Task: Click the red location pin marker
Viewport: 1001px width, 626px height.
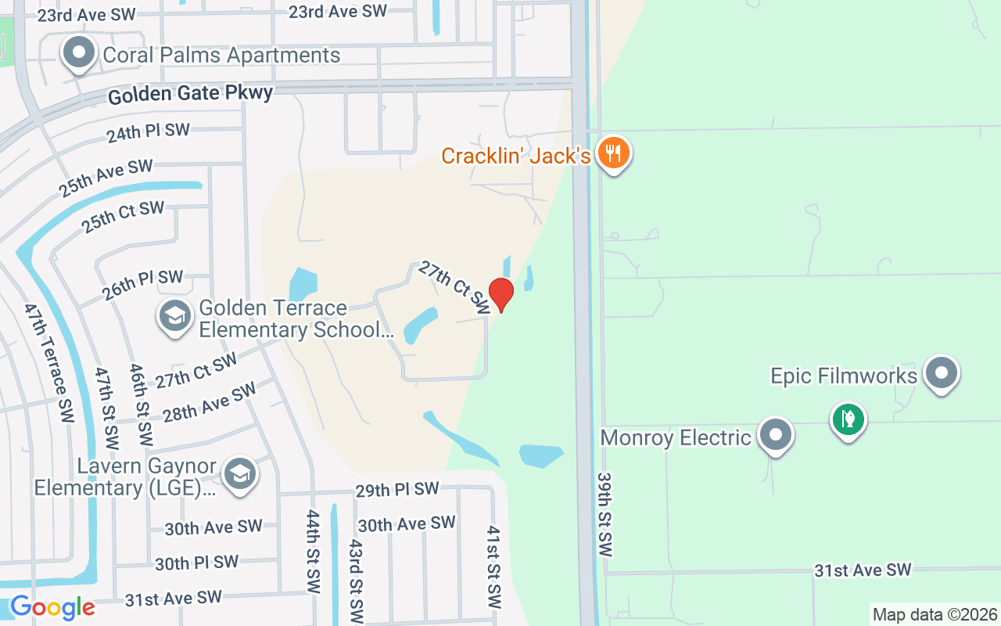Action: pos(500,294)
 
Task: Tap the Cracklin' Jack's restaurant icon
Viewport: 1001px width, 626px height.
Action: pos(614,153)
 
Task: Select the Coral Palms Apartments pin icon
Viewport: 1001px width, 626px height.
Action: pos(78,53)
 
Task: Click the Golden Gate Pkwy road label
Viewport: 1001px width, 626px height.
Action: pos(191,95)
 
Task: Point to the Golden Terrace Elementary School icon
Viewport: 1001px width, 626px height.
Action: pos(174,317)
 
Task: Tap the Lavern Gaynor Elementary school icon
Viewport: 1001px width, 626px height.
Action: pos(239,474)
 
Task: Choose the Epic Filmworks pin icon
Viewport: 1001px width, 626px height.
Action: pos(942,374)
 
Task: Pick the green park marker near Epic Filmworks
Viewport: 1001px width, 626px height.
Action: pos(848,419)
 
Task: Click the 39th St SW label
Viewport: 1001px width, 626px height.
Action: pos(605,514)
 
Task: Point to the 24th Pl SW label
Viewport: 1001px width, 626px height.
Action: pos(148,132)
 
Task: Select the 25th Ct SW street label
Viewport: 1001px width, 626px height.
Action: pos(124,217)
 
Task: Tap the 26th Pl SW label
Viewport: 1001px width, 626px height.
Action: pos(142,285)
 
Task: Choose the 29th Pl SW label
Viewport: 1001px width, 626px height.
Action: pos(397,490)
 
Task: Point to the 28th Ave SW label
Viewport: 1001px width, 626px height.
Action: pos(210,401)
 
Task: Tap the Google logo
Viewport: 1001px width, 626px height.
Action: pos(52,607)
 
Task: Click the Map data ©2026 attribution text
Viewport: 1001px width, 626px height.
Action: pos(935,614)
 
